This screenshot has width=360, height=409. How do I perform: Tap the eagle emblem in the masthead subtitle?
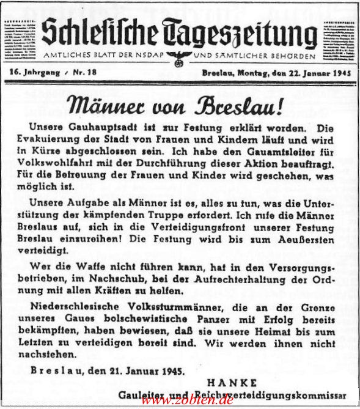180,56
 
